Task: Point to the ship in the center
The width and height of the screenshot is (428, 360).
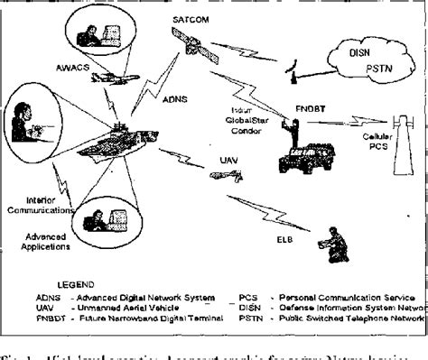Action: coord(126,144)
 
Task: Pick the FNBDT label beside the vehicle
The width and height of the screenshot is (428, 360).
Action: coord(311,107)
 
